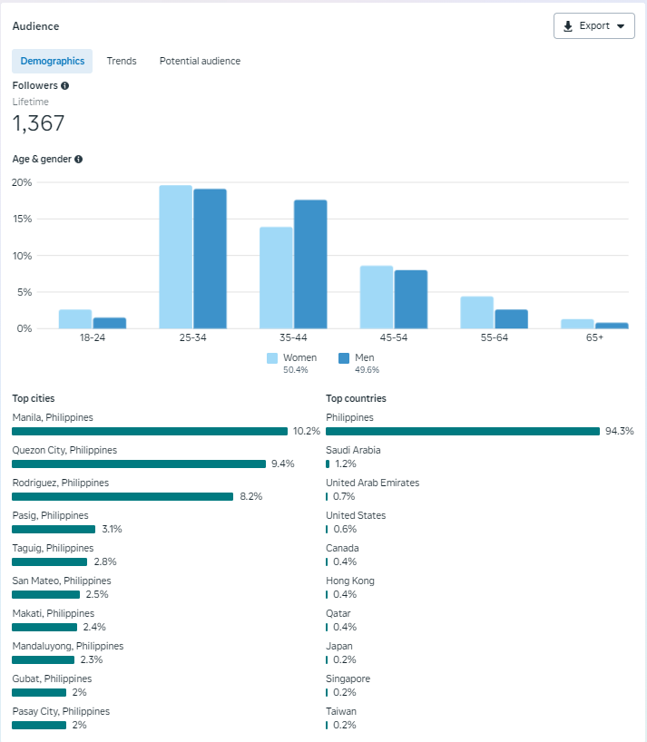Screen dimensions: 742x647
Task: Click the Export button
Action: [593, 26]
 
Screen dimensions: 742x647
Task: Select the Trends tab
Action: [122, 61]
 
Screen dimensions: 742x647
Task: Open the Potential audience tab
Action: [200, 61]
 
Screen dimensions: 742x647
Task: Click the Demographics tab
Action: [53, 61]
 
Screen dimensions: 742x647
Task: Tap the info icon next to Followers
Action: [65, 85]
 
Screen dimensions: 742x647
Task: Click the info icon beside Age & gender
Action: [78, 159]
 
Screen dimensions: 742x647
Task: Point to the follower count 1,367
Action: [38, 123]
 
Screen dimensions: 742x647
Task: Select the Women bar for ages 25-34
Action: [175, 257]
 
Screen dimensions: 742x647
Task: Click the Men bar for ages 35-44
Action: [309, 264]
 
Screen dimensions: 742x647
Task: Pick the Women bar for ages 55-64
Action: [476, 312]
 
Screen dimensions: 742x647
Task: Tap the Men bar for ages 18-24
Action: [109, 322]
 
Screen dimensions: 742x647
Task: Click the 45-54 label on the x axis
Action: [394, 337]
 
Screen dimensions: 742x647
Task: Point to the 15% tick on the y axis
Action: [22, 220]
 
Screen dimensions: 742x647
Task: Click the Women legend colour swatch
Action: [272, 358]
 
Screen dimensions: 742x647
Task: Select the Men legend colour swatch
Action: [344, 358]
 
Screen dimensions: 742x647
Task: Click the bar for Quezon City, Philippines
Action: [139, 464]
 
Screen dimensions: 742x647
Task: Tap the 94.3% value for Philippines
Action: [619, 431]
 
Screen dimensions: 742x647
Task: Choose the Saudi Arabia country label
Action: [353, 450]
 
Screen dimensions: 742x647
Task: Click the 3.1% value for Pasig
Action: [112, 529]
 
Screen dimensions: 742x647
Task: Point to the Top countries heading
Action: [356, 398]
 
